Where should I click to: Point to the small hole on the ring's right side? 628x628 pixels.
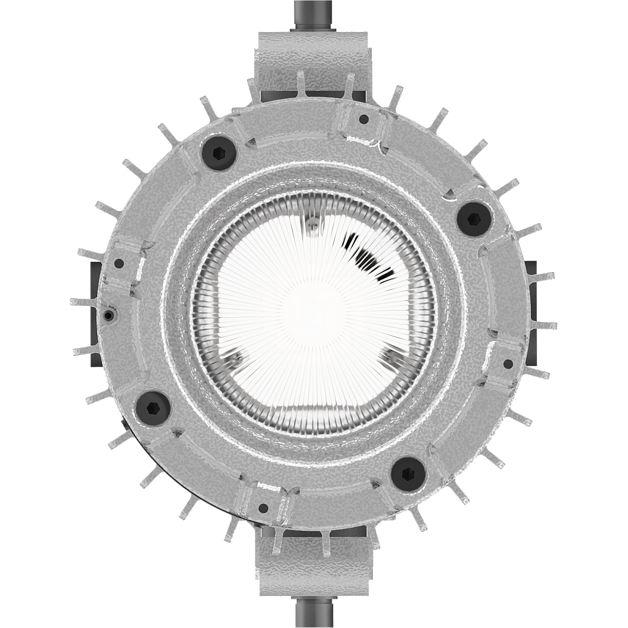(508, 363)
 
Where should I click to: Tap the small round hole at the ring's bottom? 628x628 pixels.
(263, 507)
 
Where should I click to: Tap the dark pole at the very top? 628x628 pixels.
(314, 13)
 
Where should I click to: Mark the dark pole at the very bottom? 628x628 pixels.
(314, 612)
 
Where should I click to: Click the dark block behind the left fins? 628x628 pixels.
(94, 314)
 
